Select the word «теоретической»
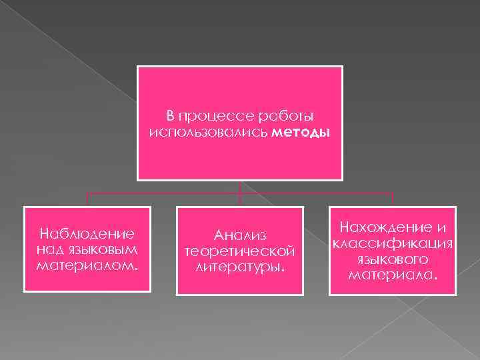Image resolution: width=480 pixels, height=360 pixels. pyautogui.click(x=239, y=251)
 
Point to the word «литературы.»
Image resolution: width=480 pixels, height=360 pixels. pyautogui.click(x=239, y=267)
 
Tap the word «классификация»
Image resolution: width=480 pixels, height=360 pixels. pyautogui.click(x=393, y=243)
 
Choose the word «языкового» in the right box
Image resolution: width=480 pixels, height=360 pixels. pyautogui.click(x=393, y=258)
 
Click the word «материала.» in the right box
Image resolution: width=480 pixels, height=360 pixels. pyautogui.click(x=393, y=274)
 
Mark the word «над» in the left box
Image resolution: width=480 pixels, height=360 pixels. pyautogui.click(x=52, y=249)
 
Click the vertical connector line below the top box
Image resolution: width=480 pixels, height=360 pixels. pyautogui.click(x=240, y=188)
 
